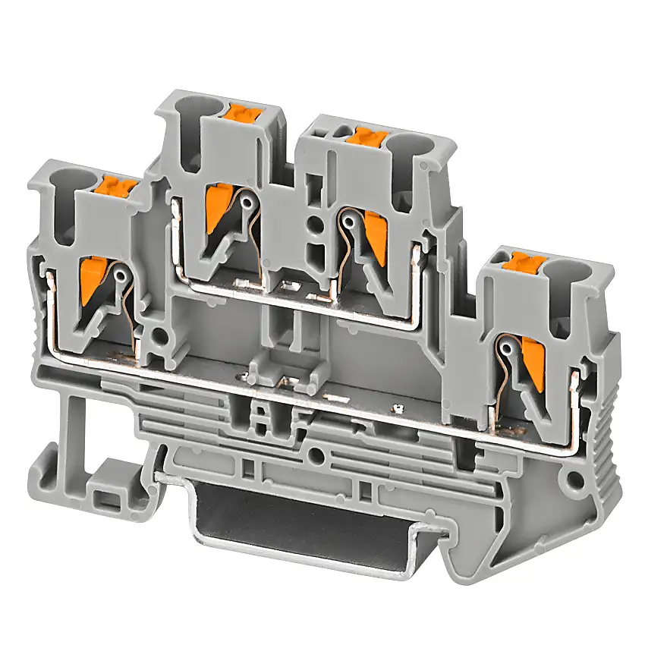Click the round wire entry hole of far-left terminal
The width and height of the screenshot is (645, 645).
click(x=64, y=184)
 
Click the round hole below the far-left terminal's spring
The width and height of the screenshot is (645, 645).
click(x=159, y=332)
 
